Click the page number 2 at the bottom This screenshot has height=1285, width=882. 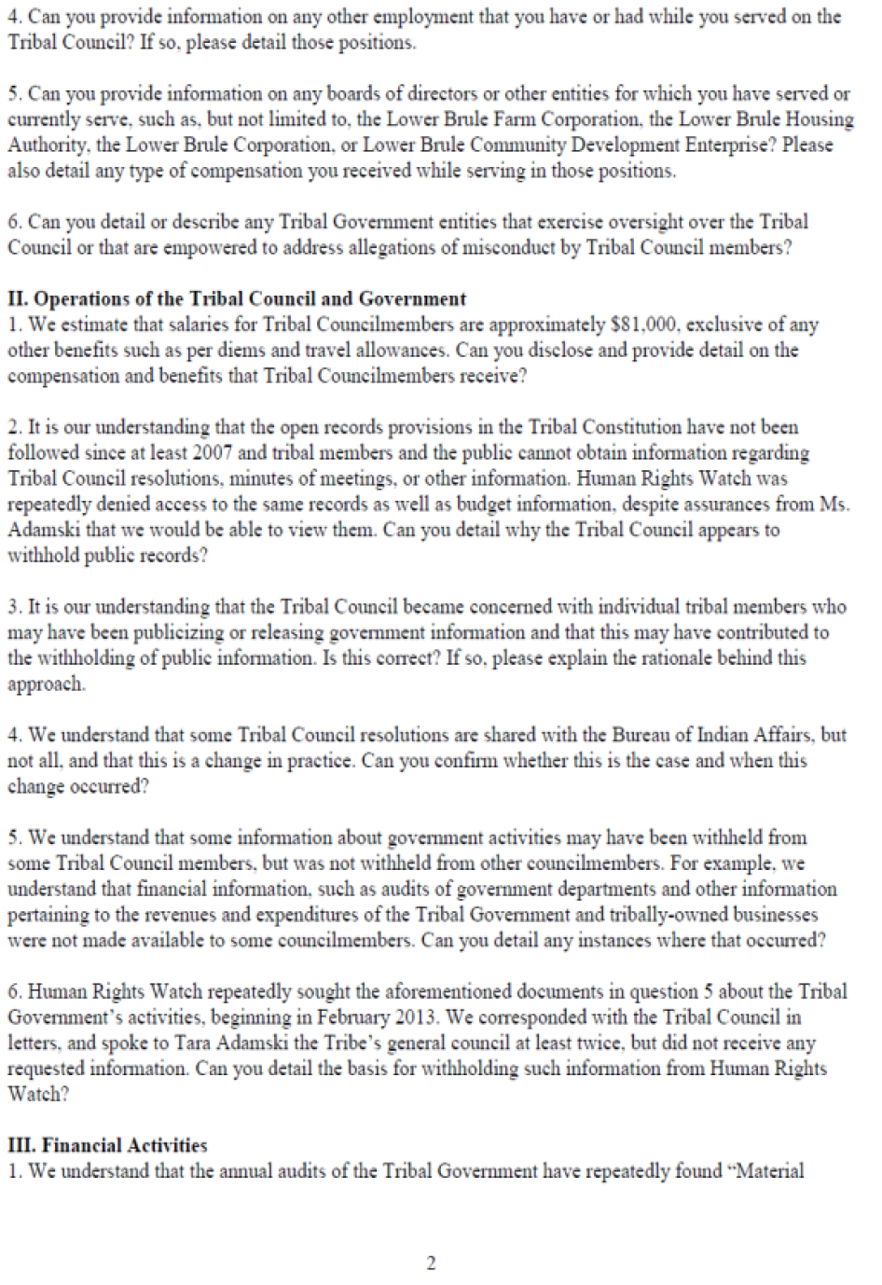431,1264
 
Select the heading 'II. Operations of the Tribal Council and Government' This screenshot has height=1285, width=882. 237,299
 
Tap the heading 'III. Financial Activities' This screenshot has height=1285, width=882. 107,1145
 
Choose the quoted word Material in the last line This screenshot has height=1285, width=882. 765,1171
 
